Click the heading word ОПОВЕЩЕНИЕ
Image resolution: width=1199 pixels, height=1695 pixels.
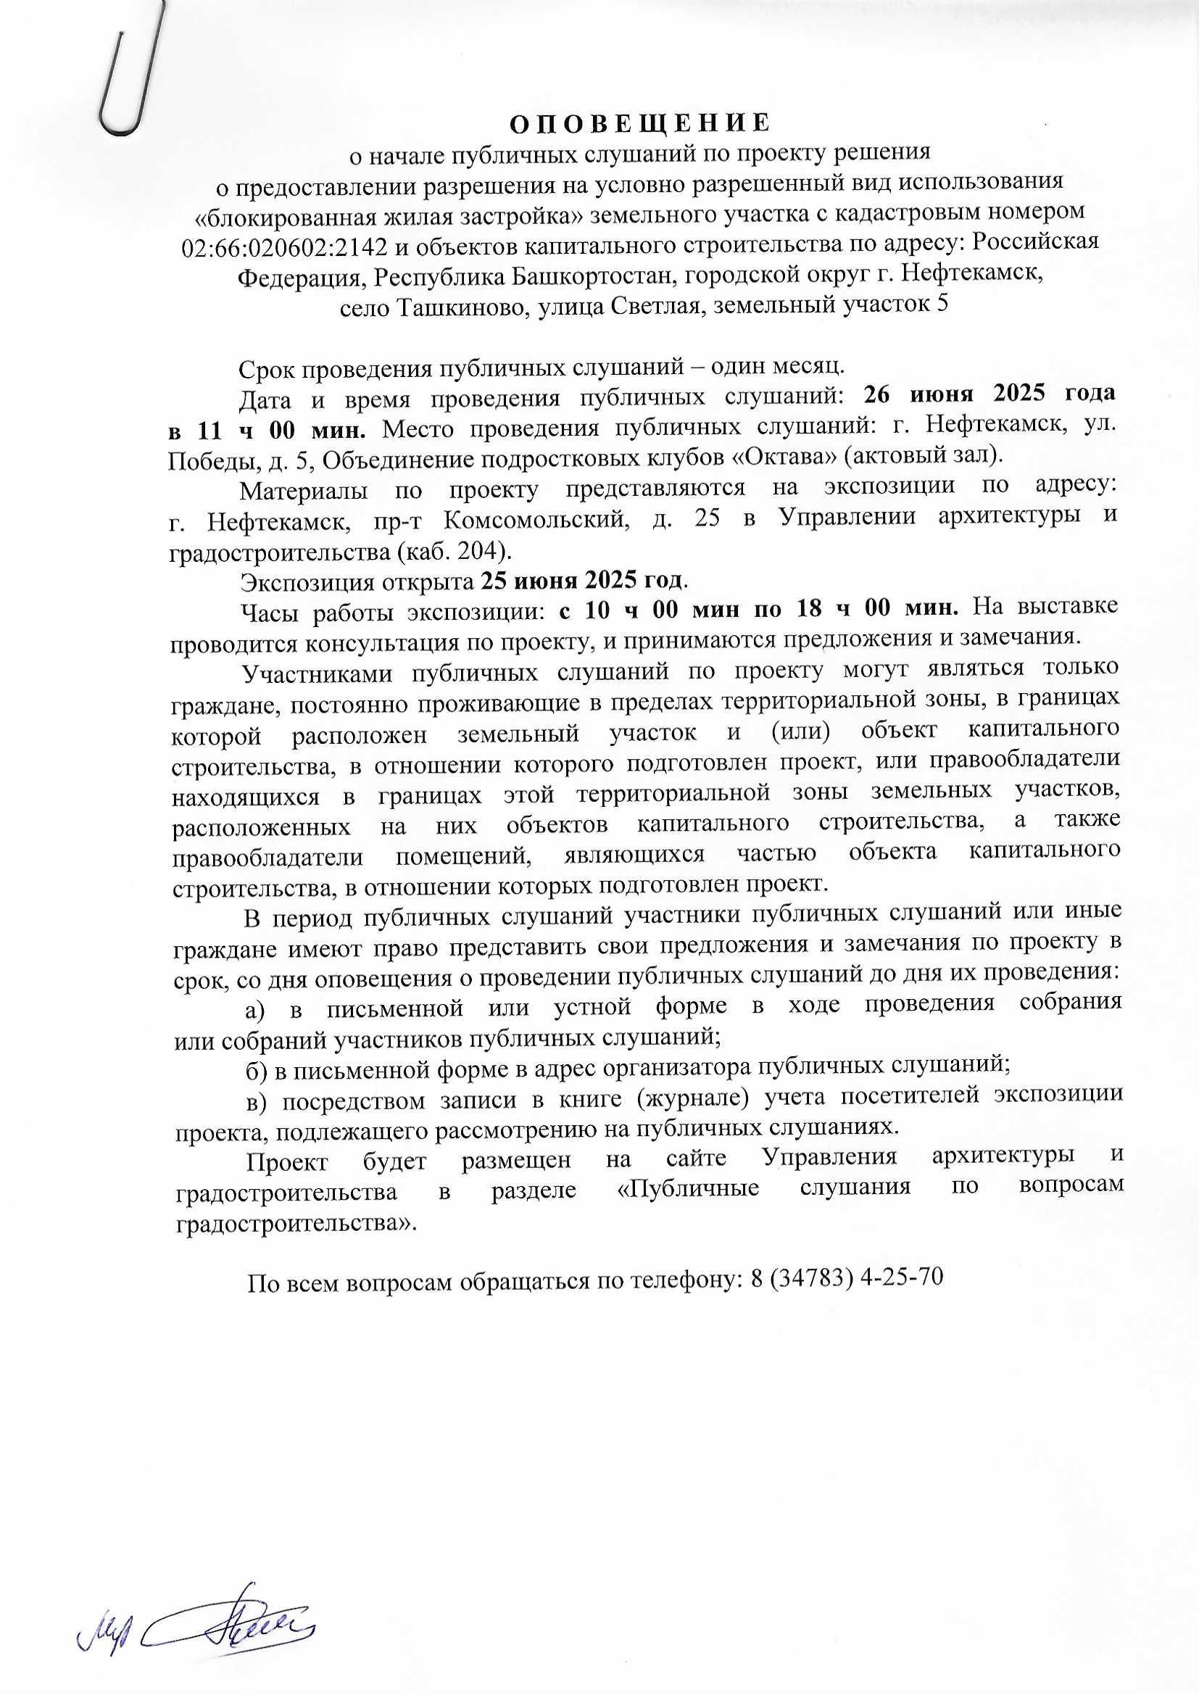coord(640,122)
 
